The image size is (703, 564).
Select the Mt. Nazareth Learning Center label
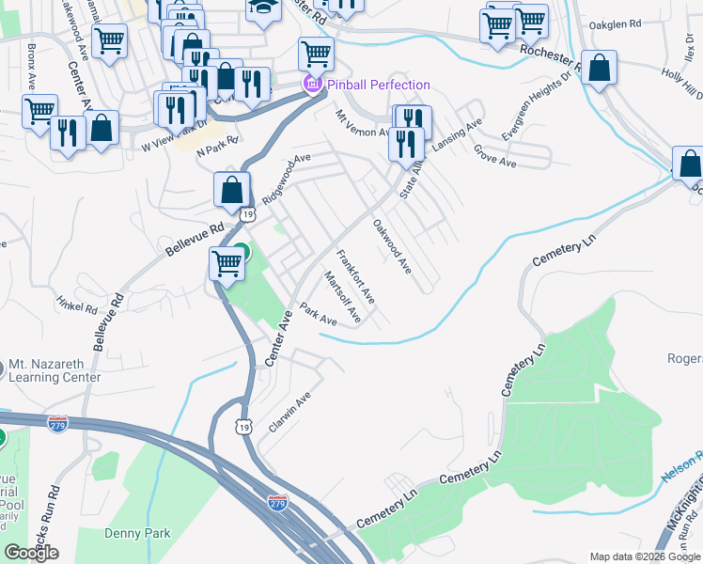click(55, 371)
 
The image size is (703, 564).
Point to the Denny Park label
click(138, 533)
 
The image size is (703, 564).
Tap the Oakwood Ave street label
click(392, 246)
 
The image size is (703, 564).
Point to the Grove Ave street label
click(494, 156)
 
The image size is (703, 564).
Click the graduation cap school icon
click(261, 8)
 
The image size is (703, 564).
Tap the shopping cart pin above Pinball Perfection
click(316, 55)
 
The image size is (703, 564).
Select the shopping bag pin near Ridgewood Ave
click(231, 190)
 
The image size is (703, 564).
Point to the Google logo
click(32, 553)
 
